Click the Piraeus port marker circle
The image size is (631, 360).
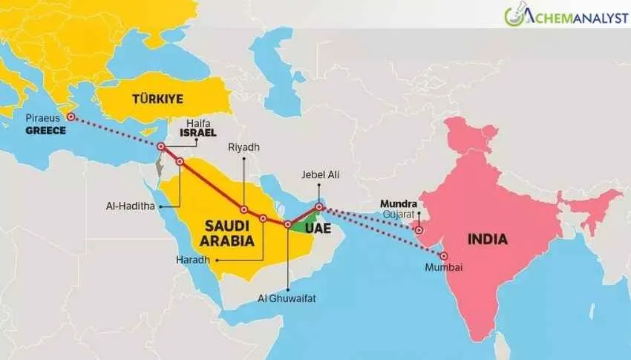click(x=71, y=117)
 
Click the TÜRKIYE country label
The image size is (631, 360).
click(x=157, y=99)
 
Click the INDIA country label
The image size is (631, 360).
click(x=487, y=239)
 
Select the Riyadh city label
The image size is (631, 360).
click(x=244, y=148)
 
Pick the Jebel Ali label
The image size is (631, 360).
click(x=318, y=175)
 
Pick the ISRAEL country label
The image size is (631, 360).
click(x=197, y=134)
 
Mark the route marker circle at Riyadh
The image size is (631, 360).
click(x=244, y=209)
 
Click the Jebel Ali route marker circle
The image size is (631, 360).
click(x=319, y=207)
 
